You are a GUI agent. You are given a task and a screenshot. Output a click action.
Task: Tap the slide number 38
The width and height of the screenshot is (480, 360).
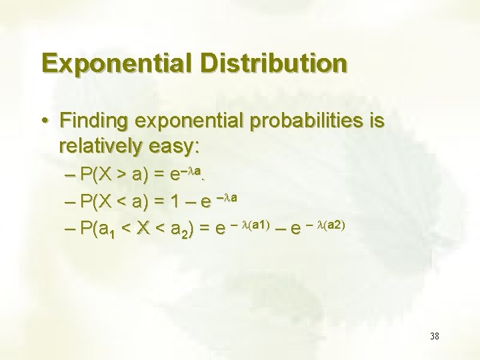[x=434, y=336]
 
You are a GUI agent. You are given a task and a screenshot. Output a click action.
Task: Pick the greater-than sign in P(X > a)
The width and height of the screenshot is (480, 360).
[x=123, y=176]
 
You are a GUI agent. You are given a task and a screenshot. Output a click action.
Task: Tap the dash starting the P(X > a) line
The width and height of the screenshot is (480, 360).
[x=72, y=176]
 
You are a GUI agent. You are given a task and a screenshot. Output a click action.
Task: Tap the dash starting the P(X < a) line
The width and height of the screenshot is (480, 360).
[x=72, y=203]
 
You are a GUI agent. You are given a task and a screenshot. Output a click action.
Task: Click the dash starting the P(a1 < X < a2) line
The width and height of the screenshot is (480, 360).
[x=72, y=229]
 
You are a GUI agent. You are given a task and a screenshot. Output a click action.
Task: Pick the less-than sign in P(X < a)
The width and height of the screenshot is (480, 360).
[x=123, y=203]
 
